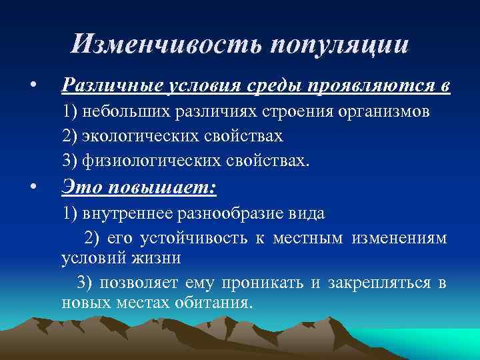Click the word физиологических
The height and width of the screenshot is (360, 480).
(x=145, y=161)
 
